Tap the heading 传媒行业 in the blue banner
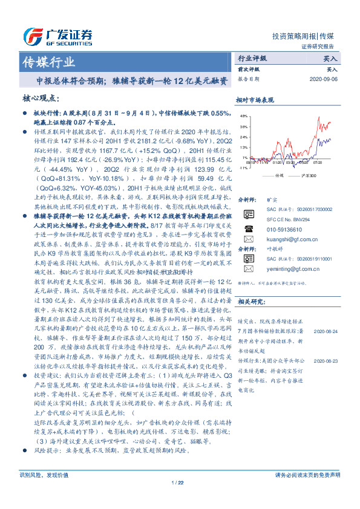[x=48, y=62]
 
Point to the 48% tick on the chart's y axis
[x=243, y=115]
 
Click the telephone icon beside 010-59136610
[x=248, y=229]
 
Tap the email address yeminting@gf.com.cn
[x=281, y=268]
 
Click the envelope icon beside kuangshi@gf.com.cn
[x=248, y=239]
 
